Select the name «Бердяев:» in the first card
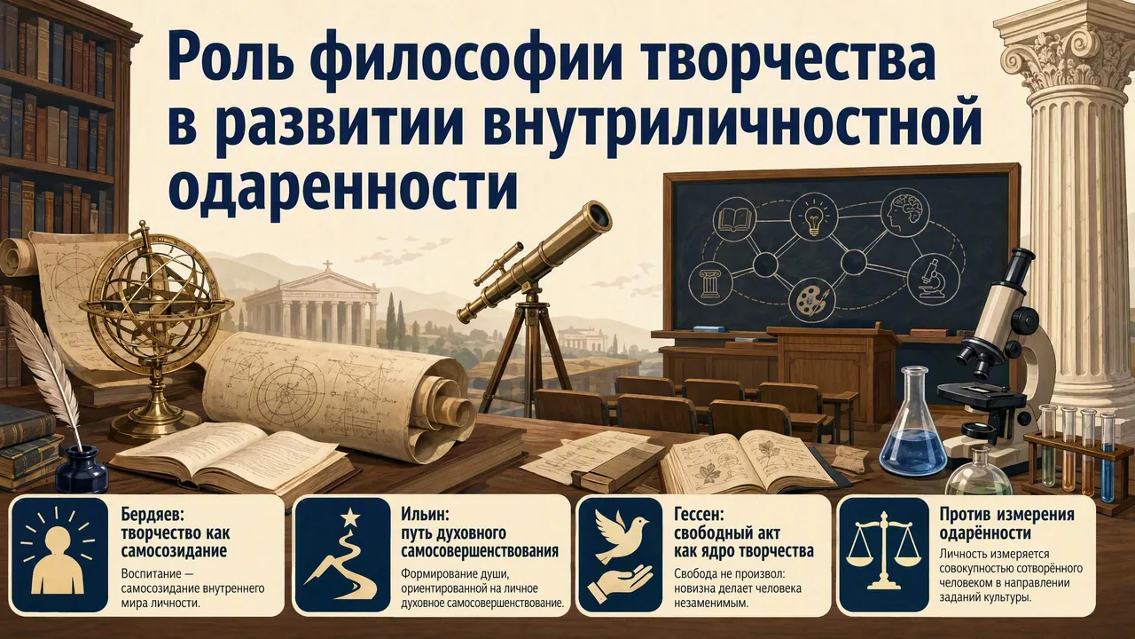[153, 517]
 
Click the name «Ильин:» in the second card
[425, 516]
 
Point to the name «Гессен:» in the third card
[698, 516]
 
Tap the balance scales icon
[883, 553]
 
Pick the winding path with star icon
[341, 556]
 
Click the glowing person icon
[59, 555]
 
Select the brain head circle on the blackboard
[905, 215]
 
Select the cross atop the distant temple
[328, 265]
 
